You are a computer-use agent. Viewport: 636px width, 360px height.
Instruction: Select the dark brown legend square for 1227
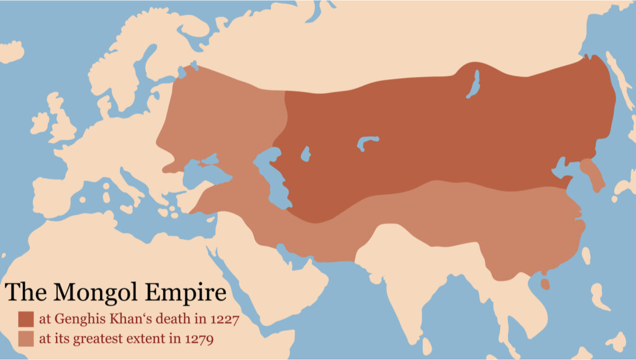[x=25, y=319]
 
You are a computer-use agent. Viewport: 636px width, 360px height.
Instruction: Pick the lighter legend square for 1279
[x=25, y=339]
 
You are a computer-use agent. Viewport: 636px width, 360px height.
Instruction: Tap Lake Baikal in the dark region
[x=474, y=84]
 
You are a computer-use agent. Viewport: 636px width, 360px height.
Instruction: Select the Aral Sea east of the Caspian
[x=305, y=153]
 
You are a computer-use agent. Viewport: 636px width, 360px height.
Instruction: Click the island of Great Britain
[x=61, y=121]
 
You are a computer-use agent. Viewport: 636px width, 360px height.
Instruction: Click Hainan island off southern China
[x=545, y=284]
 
